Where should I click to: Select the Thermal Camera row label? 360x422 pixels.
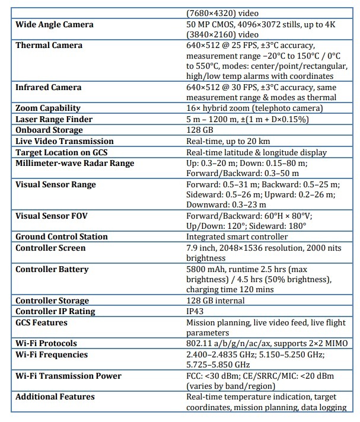click(x=49, y=46)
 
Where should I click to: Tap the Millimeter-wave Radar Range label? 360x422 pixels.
click(x=75, y=163)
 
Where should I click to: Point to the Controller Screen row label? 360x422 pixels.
click(x=50, y=248)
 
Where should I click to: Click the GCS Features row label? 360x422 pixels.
click(x=42, y=322)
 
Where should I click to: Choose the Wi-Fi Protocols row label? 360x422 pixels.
click(x=46, y=343)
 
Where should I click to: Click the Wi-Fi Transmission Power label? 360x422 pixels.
click(x=68, y=376)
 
